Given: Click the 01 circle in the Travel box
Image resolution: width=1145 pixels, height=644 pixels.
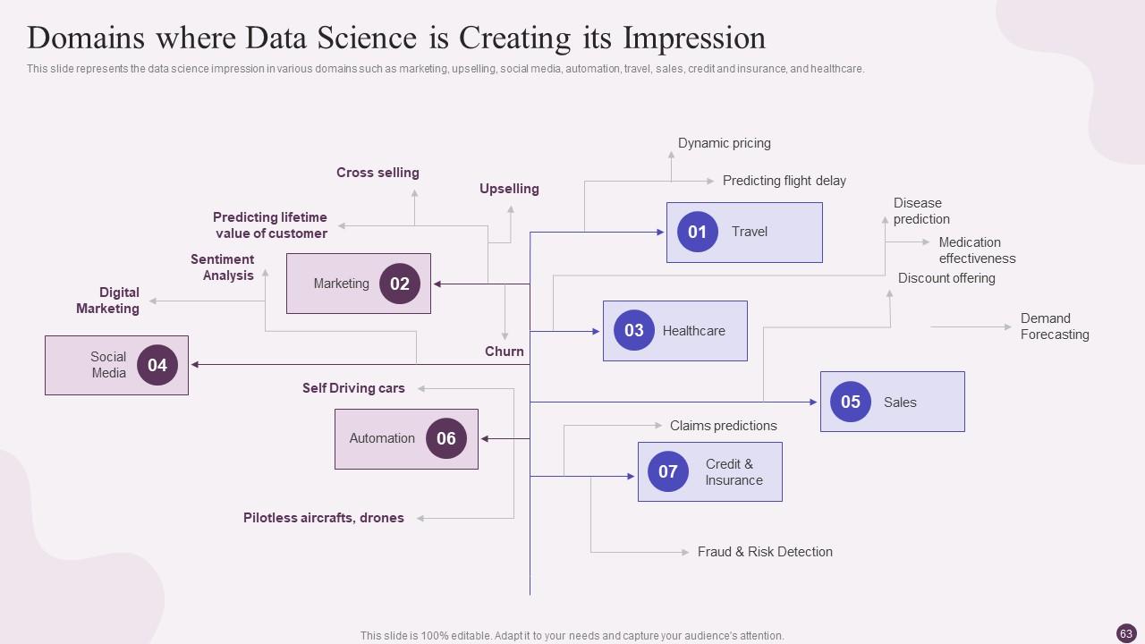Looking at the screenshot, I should tap(697, 232).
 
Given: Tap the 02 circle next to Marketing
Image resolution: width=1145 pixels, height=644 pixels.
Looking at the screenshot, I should tap(400, 284).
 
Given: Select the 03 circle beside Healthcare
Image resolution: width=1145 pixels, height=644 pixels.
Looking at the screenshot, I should tap(634, 330).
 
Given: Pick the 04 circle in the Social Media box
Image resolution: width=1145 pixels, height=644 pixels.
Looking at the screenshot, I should tap(157, 365).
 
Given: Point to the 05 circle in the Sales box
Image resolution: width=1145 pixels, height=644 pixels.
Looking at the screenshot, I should tap(851, 402).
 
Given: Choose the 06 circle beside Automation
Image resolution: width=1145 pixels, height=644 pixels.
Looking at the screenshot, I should tap(446, 438).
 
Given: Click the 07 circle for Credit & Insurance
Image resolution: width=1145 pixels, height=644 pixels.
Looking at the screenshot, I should tap(668, 471).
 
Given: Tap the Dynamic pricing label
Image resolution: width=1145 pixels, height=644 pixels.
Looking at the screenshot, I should tap(724, 143).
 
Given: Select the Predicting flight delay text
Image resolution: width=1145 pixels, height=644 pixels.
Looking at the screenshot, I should tap(784, 181).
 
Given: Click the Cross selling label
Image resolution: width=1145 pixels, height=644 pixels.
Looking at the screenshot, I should tap(377, 173).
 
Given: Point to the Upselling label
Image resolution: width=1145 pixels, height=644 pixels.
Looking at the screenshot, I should tap(509, 189).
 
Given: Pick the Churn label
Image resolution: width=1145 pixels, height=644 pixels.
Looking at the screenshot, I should tap(505, 352).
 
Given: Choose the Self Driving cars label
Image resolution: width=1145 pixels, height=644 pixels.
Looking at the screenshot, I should tap(353, 388).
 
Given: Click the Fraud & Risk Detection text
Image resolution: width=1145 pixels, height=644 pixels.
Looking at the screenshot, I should tap(765, 552).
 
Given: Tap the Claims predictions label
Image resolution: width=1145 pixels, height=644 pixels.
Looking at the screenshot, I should tap(723, 426).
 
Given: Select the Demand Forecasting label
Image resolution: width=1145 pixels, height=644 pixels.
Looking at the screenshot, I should tap(1055, 326).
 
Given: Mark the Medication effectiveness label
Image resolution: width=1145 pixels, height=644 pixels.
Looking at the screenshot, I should tap(977, 250).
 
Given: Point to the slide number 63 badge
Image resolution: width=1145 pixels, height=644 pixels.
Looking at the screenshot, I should tap(1126, 633).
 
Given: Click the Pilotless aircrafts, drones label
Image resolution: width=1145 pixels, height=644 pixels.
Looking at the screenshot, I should tap(323, 518).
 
